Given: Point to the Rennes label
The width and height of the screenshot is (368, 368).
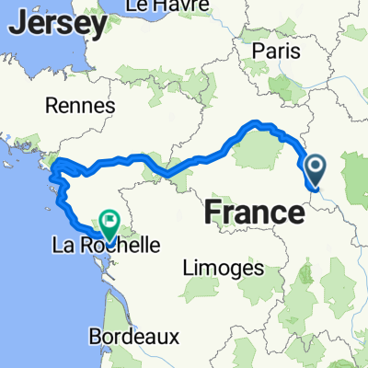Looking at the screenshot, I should coord(84,106).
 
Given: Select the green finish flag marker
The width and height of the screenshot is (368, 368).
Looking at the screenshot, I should coord(111,220).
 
